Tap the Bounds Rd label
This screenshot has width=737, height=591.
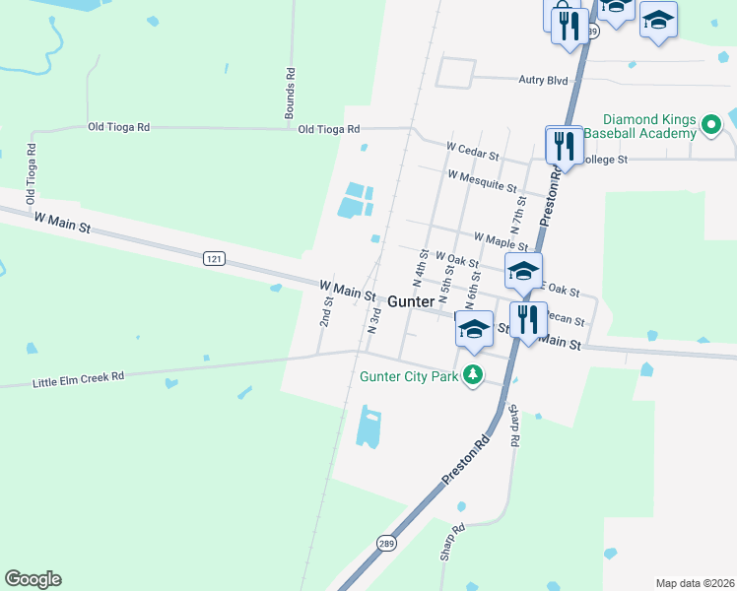tap(291, 94)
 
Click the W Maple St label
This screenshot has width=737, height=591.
tap(502, 238)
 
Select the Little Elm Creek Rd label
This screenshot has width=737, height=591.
tap(79, 376)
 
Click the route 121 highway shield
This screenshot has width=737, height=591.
tap(216, 259)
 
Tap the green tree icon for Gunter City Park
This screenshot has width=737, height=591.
tap(474, 374)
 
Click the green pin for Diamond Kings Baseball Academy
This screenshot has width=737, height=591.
tap(711, 125)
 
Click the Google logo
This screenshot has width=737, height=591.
tap(33, 579)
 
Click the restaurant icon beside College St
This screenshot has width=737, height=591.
tap(565, 146)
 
